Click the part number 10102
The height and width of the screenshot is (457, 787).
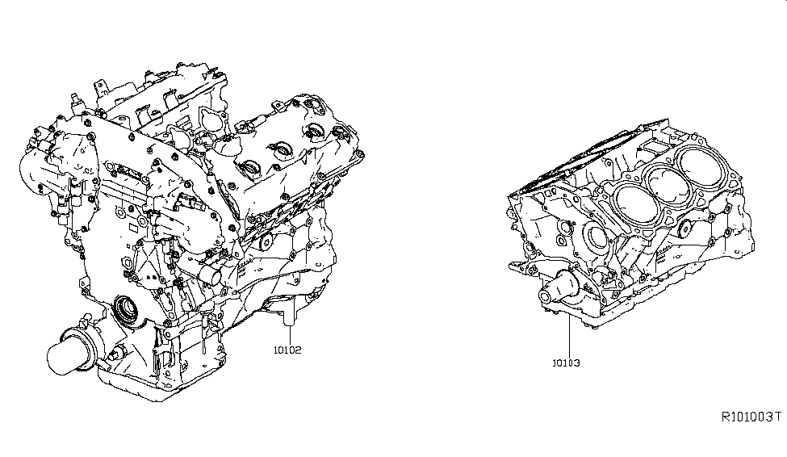287,350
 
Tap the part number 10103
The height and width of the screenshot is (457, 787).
566,363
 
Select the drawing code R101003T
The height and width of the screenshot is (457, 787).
751,417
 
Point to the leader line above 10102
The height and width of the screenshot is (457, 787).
291,335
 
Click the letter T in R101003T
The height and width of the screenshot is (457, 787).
777,417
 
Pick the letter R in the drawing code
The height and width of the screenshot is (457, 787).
726,417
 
